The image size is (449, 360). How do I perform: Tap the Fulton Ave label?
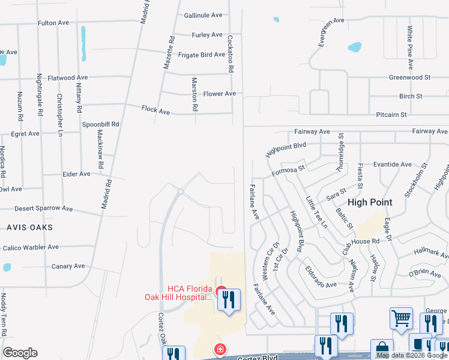tap(53, 23)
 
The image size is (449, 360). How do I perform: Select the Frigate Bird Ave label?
tap(202, 55)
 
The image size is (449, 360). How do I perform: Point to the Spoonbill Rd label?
tap(100, 124)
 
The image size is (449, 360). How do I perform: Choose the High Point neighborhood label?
tap(370, 202)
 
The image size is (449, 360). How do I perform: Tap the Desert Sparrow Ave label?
tap(44, 209)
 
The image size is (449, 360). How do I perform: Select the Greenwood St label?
tap(410, 77)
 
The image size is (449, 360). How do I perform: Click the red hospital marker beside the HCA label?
tap(220, 294)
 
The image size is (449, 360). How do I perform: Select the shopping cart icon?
tap(401, 318)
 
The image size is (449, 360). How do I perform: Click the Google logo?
tap(20, 353)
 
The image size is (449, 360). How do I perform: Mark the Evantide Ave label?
tap(393, 164)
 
